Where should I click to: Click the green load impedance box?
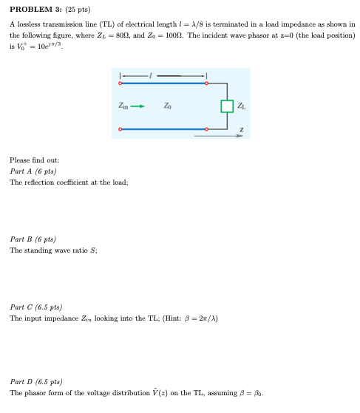click(227, 106)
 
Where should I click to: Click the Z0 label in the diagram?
click(169, 106)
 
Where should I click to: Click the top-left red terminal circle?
click(120, 84)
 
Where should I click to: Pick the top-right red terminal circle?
click(207, 84)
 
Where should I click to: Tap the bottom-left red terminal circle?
click(120, 129)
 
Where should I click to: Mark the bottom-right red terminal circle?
click(207, 129)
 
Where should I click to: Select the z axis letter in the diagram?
click(240, 130)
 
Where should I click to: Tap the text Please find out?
click(34, 160)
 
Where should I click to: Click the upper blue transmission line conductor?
click(163, 84)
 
